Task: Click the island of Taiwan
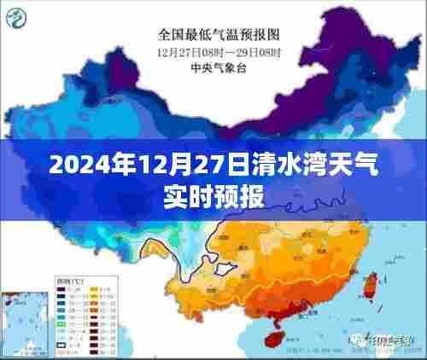click(373, 286)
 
